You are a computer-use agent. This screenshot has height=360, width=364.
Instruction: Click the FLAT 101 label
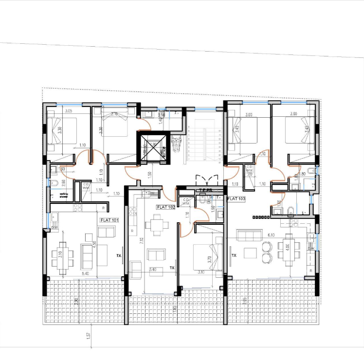pyautogui.click(x=109, y=220)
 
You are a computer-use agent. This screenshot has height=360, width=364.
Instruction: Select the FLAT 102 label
pyautogui.click(x=165, y=207)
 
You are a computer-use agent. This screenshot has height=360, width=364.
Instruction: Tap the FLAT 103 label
pyautogui.click(x=237, y=199)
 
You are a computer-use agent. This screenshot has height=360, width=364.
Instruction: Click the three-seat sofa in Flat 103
pyautogui.click(x=249, y=235)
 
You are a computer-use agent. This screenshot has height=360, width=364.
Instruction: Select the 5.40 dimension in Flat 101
pyautogui.click(x=85, y=274)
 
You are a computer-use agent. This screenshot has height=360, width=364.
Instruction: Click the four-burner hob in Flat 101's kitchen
pyautogui.click(x=78, y=207)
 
